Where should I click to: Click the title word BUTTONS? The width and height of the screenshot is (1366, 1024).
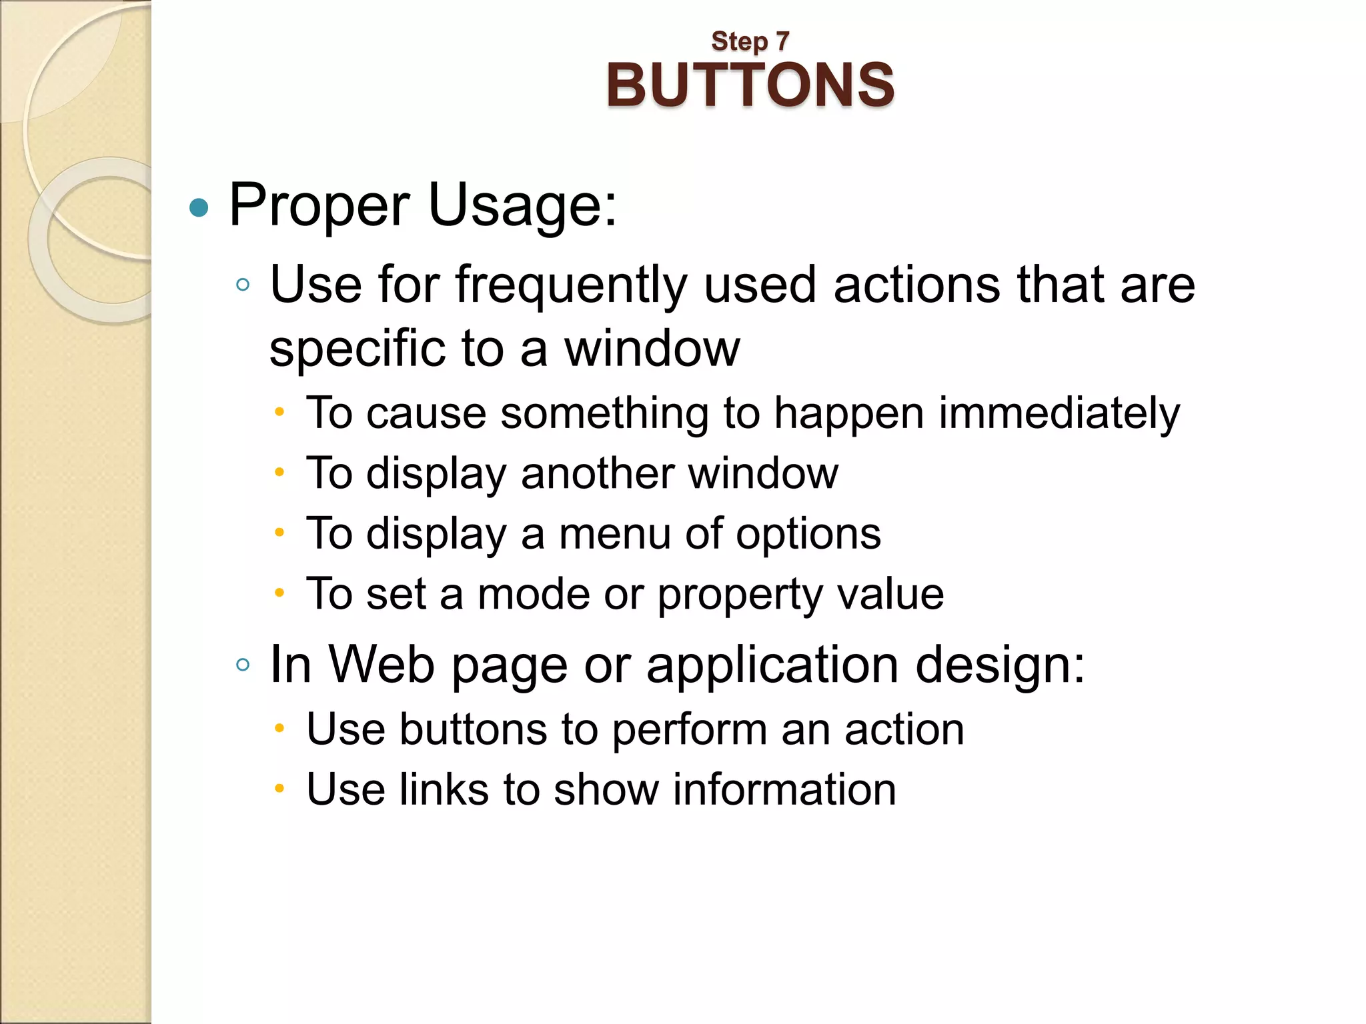tap(750, 85)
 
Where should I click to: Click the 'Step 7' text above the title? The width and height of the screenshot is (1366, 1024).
tap(750, 41)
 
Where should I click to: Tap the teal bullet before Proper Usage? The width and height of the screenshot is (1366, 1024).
tap(199, 209)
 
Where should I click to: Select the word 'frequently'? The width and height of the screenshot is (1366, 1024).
tap(571, 285)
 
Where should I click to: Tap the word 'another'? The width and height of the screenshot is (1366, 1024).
tap(597, 473)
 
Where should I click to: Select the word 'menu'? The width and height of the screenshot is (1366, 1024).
tap(614, 534)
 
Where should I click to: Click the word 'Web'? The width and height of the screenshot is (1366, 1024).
tap(382, 665)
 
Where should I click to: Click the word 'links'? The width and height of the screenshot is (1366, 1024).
tap(444, 789)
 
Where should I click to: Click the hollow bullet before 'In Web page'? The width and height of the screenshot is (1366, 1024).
tap(243, 665)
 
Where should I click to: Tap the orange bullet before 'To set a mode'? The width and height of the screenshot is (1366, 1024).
tap(279, 592)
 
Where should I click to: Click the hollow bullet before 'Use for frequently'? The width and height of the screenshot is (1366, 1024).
tap(243, 285)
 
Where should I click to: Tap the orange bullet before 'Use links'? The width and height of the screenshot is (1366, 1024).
tap(279, 789)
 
